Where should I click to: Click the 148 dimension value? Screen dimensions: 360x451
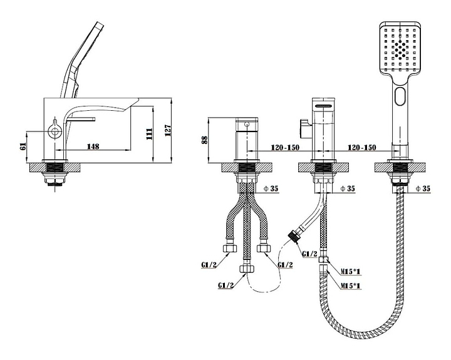pyautogui.click(x=93, y=147)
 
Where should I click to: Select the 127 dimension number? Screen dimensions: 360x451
pyautogui.click(x=167, y=129)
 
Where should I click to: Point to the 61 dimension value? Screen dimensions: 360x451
pyautogui.click(x=23, y=147)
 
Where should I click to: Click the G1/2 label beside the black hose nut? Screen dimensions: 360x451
pyautogui.click(x=309, y=254)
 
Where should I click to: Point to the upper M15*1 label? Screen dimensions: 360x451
pyautogui.click(x=352, y=271)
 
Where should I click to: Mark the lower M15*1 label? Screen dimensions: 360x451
pyautogui.click(x=352, y=286)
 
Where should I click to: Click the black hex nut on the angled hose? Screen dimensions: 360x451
pyautogui.click(x=293, y=238)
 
